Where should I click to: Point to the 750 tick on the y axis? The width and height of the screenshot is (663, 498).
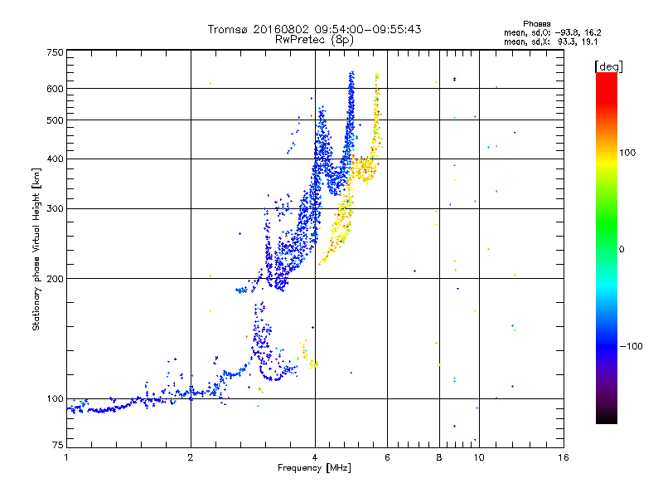coord(54,52)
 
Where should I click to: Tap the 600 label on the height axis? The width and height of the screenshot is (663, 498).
coord(54,88)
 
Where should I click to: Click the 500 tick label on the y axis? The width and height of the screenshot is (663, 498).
coord(54,120)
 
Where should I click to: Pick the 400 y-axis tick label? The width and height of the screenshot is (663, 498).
coord(54,159)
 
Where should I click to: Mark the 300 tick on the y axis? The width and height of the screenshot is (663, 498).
coord(54,208)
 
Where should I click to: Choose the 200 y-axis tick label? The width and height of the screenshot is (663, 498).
coord(54,278)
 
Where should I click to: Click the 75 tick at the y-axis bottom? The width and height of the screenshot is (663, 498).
coord(56,447)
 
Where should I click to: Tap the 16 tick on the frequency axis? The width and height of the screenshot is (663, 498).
coord(563,457)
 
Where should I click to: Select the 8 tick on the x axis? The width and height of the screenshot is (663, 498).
coord(439,457)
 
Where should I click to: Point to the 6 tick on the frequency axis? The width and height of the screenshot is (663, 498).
coord(388,457)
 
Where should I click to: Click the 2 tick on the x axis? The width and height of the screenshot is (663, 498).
coord(191,457)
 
